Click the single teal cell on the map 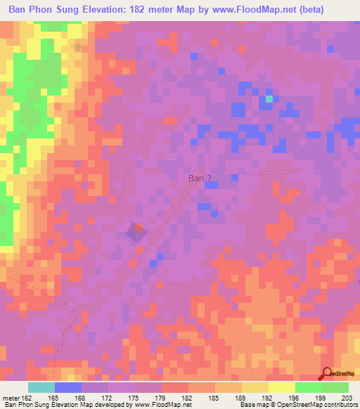269,100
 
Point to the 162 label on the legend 27,398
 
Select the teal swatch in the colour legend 41,387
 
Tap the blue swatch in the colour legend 67,387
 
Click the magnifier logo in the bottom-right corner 327,374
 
